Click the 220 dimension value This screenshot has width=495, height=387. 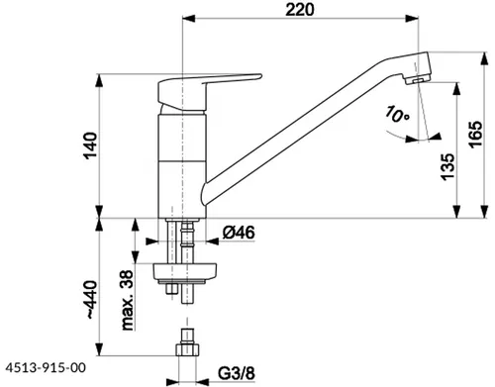pos(300,9)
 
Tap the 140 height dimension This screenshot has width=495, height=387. pos(90,145)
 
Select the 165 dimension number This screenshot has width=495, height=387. pos(475,135)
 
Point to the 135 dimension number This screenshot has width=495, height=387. pos(447,166)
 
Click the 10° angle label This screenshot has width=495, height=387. pos(397,114)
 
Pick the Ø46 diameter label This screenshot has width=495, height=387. pos(239,233)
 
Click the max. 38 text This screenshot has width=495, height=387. pos(128,300)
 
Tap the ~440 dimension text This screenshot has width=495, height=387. pos(91,300)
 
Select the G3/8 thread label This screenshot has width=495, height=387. pos(237,373)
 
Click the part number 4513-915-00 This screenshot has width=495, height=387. pos(46,367)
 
